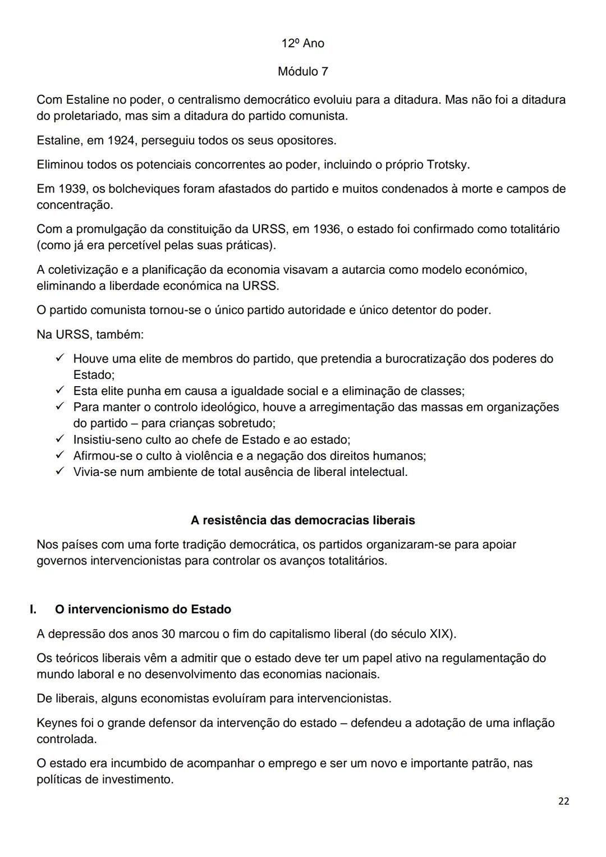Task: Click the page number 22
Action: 563,801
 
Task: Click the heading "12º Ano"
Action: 302,43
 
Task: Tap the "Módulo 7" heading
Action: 302,71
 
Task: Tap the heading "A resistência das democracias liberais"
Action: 302,520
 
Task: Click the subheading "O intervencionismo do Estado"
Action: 143,609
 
